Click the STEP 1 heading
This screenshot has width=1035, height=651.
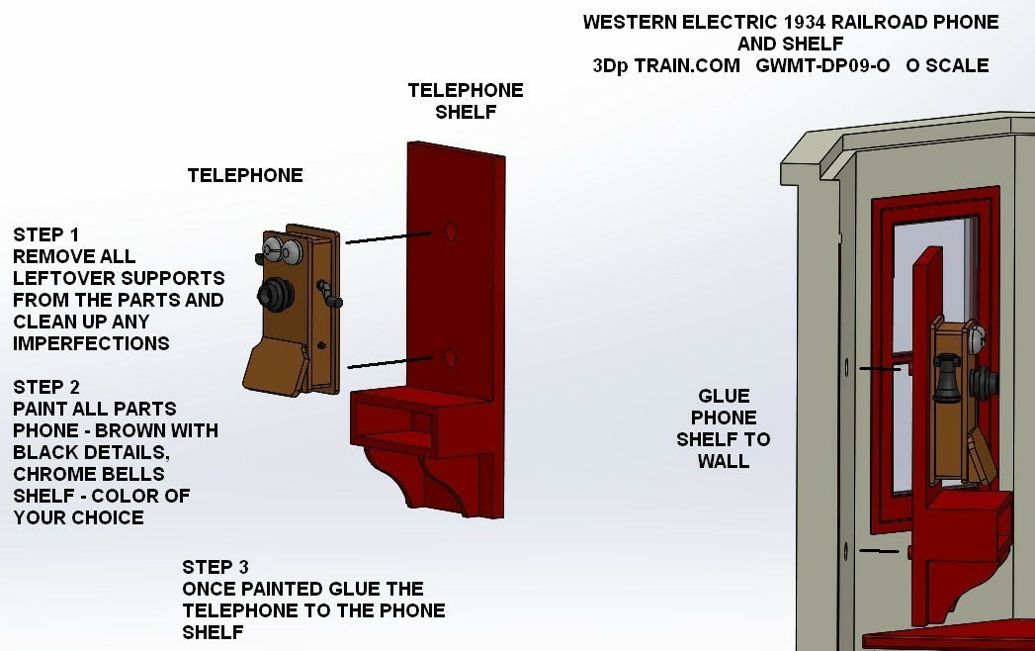pos(45,234)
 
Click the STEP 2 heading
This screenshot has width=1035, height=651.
pos(45,387)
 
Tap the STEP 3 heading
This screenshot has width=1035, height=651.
pos(215,567)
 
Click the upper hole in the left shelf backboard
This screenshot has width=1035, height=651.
pos(450,231)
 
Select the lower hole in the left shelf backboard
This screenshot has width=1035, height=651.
pos(450,357)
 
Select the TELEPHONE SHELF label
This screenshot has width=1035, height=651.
pos(466,101)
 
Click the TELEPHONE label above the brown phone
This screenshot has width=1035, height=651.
pos(245,175)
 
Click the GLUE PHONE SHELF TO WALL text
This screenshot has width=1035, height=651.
pos(724,428)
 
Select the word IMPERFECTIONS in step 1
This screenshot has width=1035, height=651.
pos(91,343)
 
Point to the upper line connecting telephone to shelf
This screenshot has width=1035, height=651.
pos(388,237)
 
